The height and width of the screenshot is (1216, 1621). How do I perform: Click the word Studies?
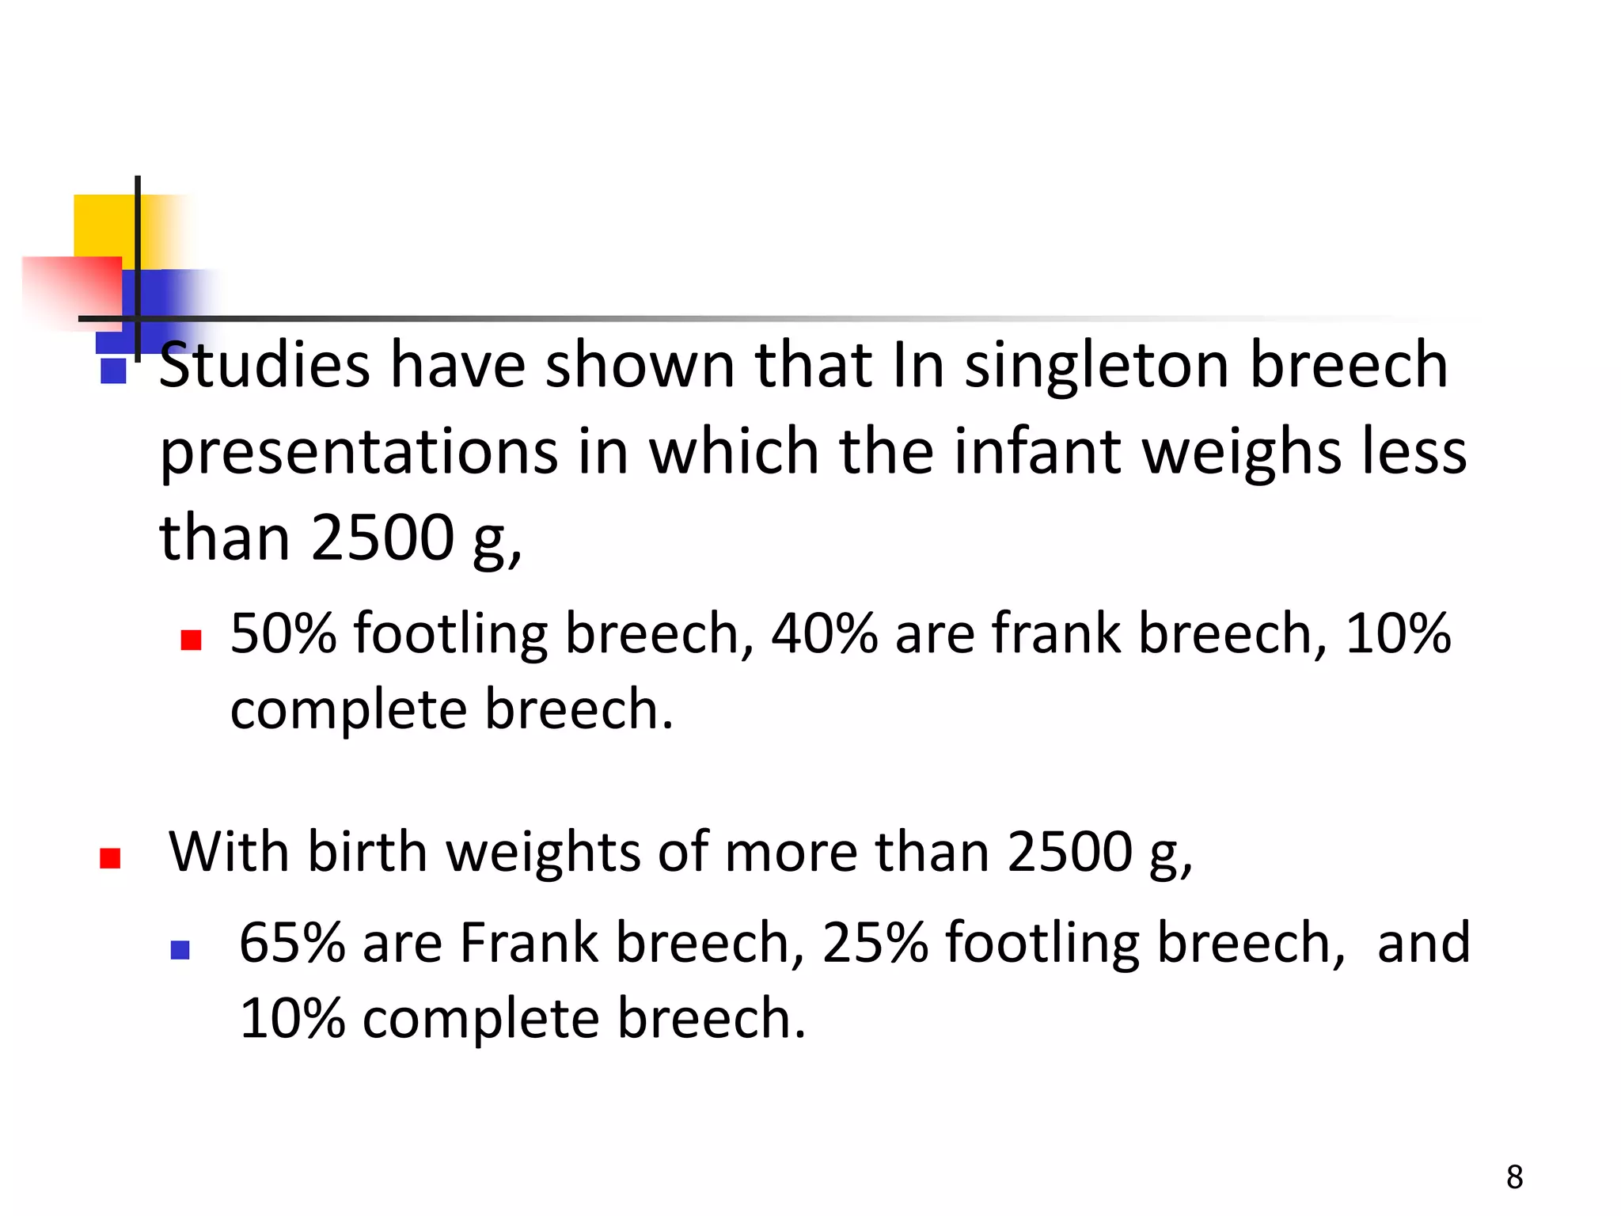tap(264, 365)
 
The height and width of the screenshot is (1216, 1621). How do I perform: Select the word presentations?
tap(359, 453)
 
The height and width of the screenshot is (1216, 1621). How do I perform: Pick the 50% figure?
tap(283, 633)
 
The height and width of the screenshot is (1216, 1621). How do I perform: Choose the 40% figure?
tap(824, 633)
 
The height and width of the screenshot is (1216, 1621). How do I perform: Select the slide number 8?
tap(1514, 1177)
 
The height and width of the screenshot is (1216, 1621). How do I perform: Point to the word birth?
tap(367, 852)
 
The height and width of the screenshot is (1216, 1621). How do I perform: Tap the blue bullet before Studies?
tap(114, 371)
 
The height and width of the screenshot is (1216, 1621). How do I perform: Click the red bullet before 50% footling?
tap(191, 640)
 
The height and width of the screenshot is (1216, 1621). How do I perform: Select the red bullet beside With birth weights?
tap(110, 858)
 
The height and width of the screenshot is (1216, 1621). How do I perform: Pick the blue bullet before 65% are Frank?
tap(180, 949)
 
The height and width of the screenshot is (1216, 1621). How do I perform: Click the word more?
tap(791, 852)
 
